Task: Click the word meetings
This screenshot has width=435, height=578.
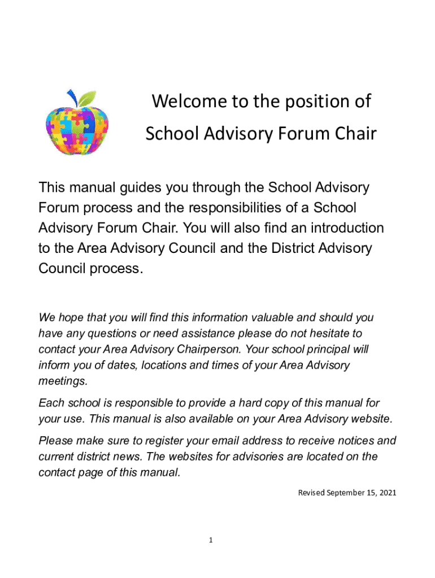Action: (63, 381)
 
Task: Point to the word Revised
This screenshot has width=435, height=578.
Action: (311, 493)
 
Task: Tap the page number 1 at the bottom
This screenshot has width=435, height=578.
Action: (210, 540)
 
